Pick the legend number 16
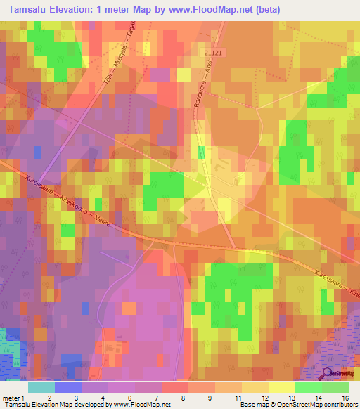pos(345,398)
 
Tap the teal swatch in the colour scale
pos(41,387)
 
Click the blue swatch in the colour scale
pos(67,387)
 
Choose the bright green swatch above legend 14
pos(308,387)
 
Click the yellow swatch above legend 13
pos(281,387)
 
